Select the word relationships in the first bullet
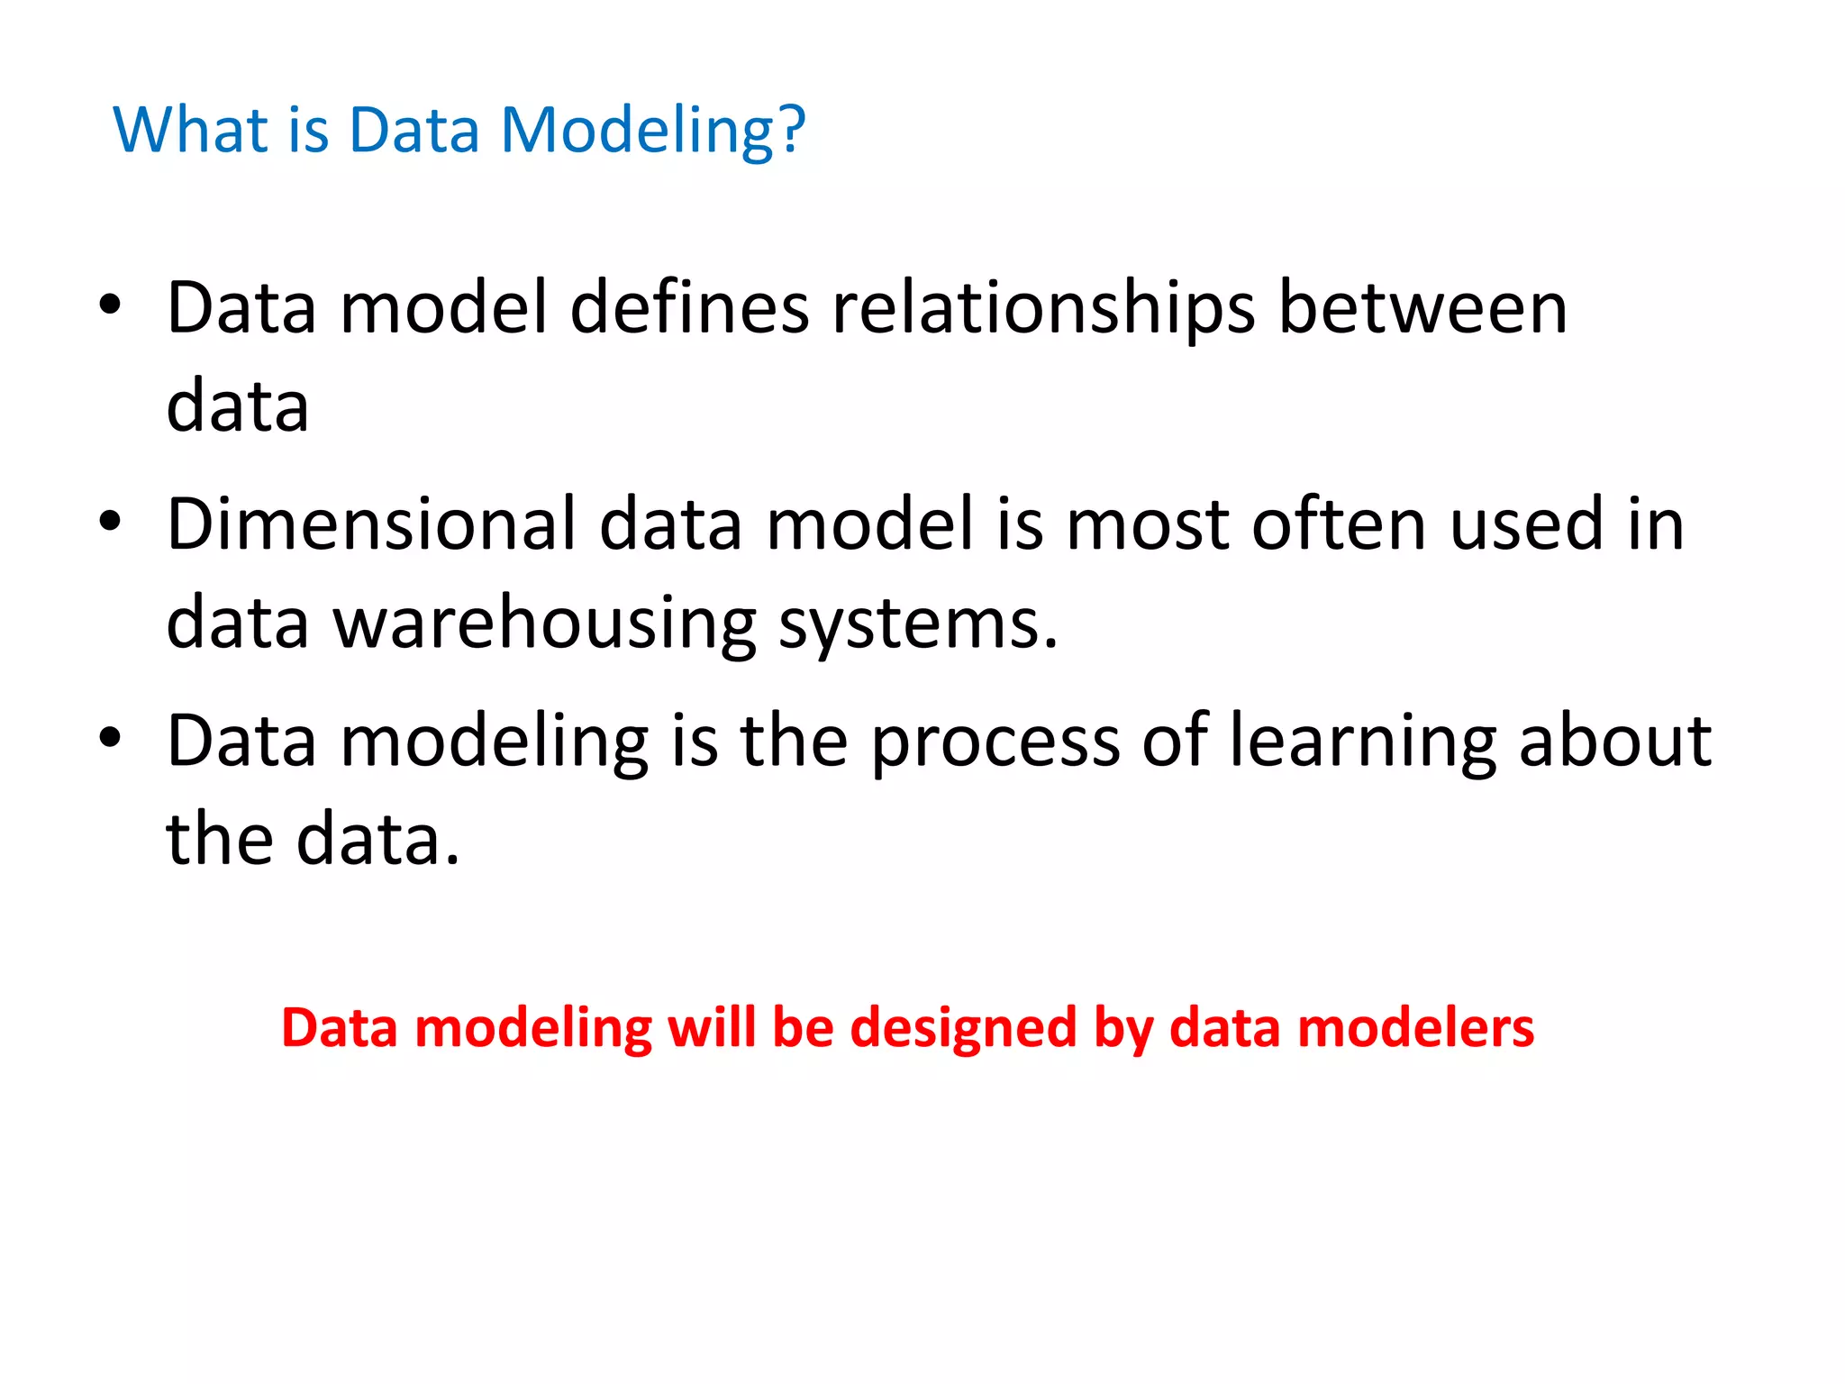1043,309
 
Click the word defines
689,309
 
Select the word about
1614,741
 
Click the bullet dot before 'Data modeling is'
110,738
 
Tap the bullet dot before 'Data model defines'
110,305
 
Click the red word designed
963,1029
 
